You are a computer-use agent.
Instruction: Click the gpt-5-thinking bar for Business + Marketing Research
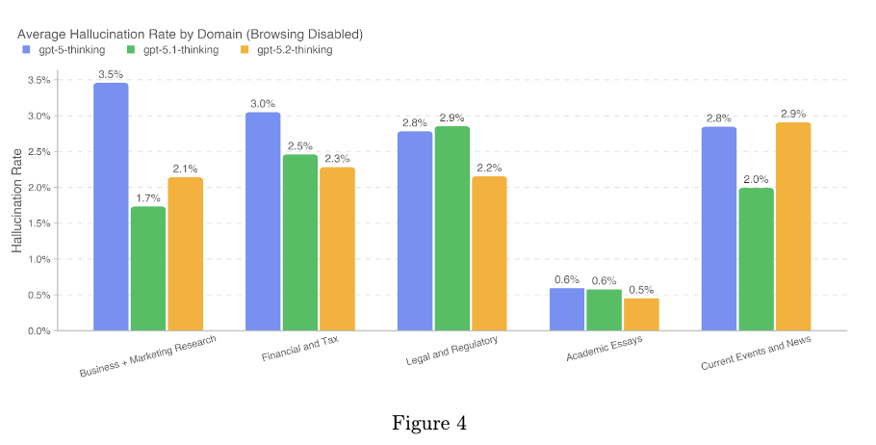tap(111, 207)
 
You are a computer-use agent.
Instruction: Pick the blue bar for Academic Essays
tap(568, 309)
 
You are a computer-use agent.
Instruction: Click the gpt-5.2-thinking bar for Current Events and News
tap(792, 226)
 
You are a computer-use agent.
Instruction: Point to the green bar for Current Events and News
tap(756, 259)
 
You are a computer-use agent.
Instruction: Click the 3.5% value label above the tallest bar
tap(111, 74)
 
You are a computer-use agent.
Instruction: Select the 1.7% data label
tap(147, 197)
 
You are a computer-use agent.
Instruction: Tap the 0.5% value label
tap(641, 289)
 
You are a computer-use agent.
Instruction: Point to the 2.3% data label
tap(337, 158)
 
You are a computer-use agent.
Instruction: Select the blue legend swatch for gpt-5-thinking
tap(26, 50)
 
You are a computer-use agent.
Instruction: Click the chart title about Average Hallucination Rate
tap(190, 34)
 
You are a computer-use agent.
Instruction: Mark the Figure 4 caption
tap(428, 423)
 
